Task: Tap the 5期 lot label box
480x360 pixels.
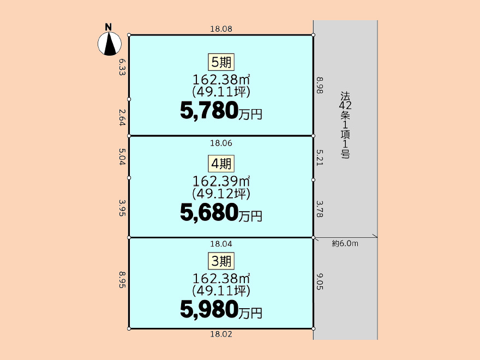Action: point(221,62)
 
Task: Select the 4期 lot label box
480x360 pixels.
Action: point(221,164)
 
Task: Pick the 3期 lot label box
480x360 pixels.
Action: point(221,261)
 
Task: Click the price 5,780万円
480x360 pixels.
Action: point(221,111)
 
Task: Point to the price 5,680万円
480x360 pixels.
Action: point(221,212)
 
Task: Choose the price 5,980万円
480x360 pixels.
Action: point(221,309)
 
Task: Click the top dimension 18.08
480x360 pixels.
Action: point(221,29)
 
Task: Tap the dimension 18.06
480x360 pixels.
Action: point(221,143)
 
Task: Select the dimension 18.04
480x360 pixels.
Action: point(221,244)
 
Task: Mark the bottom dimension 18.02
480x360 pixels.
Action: point(221,334)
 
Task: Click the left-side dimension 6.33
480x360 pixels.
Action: point(122,67)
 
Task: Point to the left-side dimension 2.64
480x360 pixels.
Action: point(122,118)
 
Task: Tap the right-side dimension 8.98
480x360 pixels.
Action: point(319,85)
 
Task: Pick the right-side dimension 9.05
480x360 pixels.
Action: point(319,281)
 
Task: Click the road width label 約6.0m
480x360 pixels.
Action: point(345,244)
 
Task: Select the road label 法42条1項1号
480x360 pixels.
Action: point(345,125)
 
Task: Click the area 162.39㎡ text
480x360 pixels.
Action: point(221,181)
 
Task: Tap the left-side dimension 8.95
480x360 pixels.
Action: point(122,280)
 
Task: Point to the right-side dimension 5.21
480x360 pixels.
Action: point(319,158)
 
